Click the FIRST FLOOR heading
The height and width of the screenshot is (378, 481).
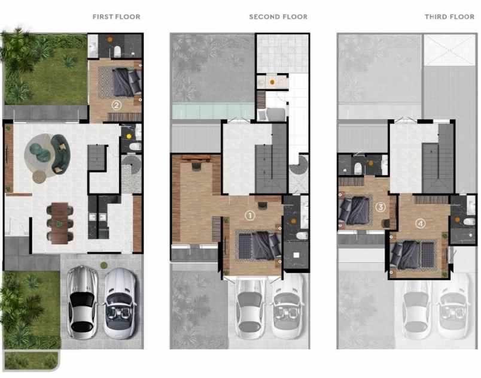click(x=116, y=17)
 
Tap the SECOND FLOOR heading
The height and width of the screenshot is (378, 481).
click(x=278, y=17)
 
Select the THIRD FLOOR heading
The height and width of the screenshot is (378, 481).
click(x=450, y=17)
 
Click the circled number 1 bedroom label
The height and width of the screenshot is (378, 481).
click(x=250, y=214)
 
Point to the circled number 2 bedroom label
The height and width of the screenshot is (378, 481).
click(x=117, y=105)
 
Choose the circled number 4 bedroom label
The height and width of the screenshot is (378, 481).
click(x=421, y=223)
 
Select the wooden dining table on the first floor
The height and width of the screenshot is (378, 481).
click(x=59, y=223)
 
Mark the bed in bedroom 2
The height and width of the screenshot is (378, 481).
click(x=126, y=83)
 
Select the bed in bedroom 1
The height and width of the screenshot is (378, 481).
click(x=257, y=246)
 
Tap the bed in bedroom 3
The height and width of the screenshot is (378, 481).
click(x=353, y=210)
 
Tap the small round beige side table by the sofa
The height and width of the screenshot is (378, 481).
click(x=39, y=177)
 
